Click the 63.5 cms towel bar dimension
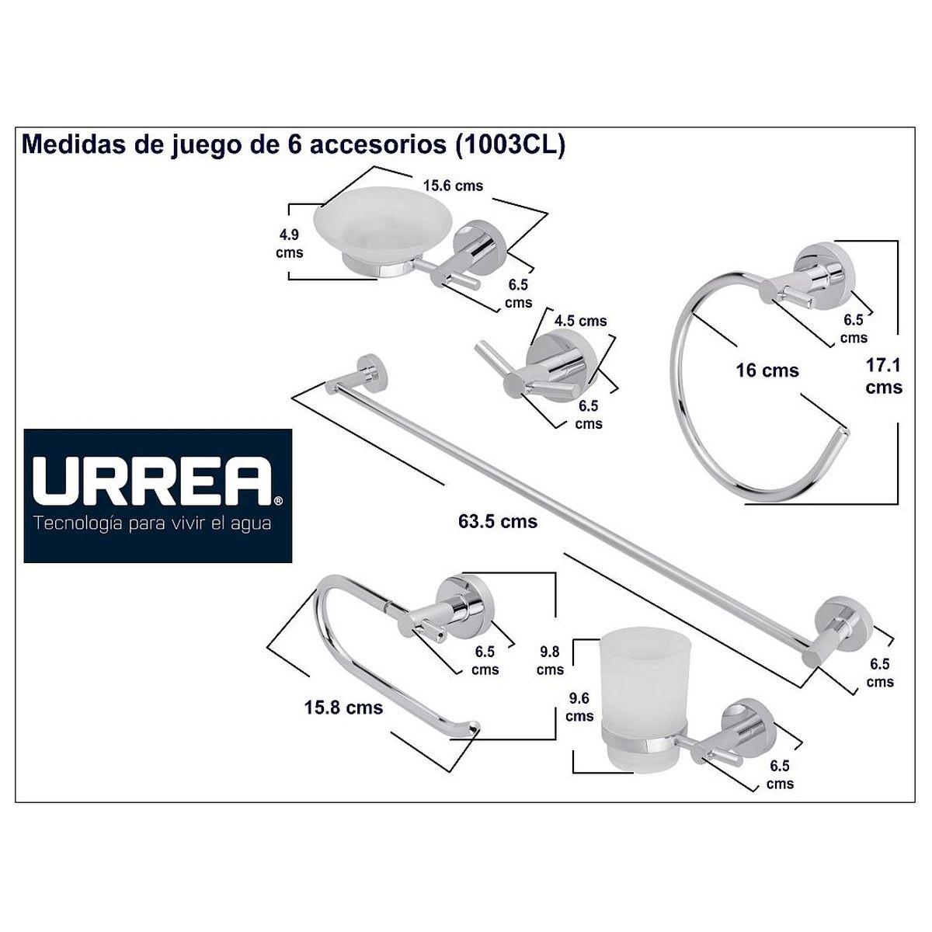click(x=498, y=522)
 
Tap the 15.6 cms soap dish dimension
click(x=453, y=186)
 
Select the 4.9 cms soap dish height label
click(x=289, y=244)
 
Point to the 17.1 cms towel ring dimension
click(x=884, y=376)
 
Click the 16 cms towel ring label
click(x=767, y=371)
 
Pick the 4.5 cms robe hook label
click(x=580, y=321)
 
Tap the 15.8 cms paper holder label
click(x=343, y=708)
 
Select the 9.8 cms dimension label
click(x=550, y=661)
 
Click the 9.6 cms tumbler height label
click(x=579, y=707)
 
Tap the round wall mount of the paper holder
click(x=466, y=601)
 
